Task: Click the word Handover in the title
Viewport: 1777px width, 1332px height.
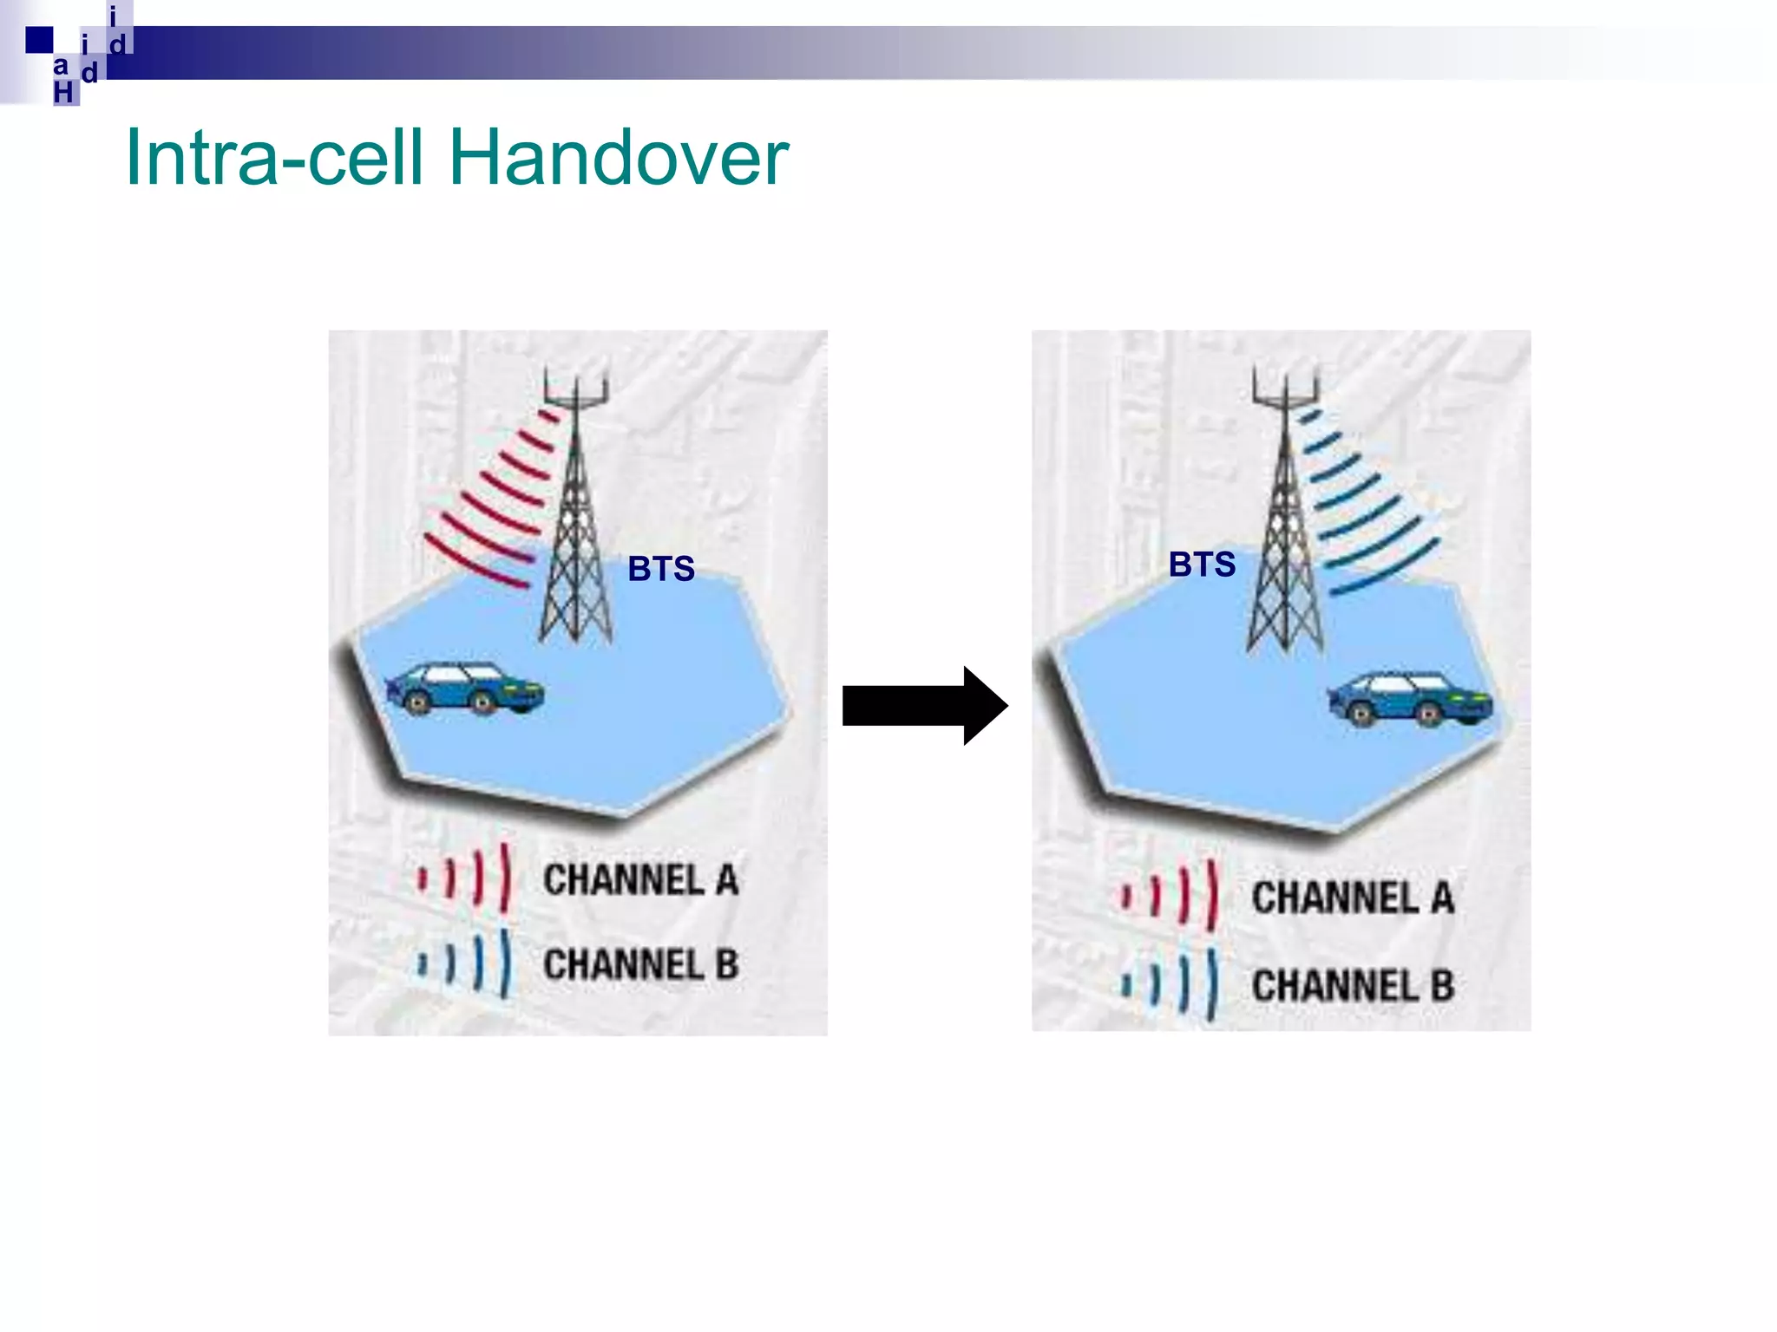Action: pyautogui.click(x=618, y=158)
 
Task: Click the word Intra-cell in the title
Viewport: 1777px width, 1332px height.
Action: pyautogui.click(x=275, y=158)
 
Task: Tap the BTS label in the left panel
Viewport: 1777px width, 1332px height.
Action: pyautogui.click(x=661, y=569)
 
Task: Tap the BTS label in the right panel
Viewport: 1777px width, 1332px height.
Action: pyautogui.click(x=1202, y=565)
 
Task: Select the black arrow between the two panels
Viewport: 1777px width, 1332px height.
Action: pyautogui.click(x=923, y=705)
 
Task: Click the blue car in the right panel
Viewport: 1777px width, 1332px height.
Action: pyautogui.click(x=1409, y=698)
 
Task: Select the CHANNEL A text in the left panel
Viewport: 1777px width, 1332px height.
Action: pyautogui.click(x=640, y=879)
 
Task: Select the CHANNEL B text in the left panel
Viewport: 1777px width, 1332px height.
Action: pyautogui.click(x=640, y=964)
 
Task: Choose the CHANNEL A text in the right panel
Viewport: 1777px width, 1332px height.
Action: pyautogui.click(x=1352, y=898)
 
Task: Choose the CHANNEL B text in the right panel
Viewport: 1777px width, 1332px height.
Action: pyautogui.click(x=1352, y=985)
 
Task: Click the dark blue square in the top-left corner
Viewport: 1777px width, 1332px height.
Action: pyautogui.click(x=39, y=40)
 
